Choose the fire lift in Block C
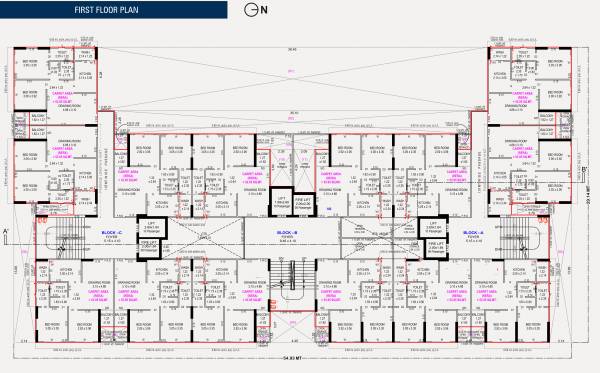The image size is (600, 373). (x=147, y=243)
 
